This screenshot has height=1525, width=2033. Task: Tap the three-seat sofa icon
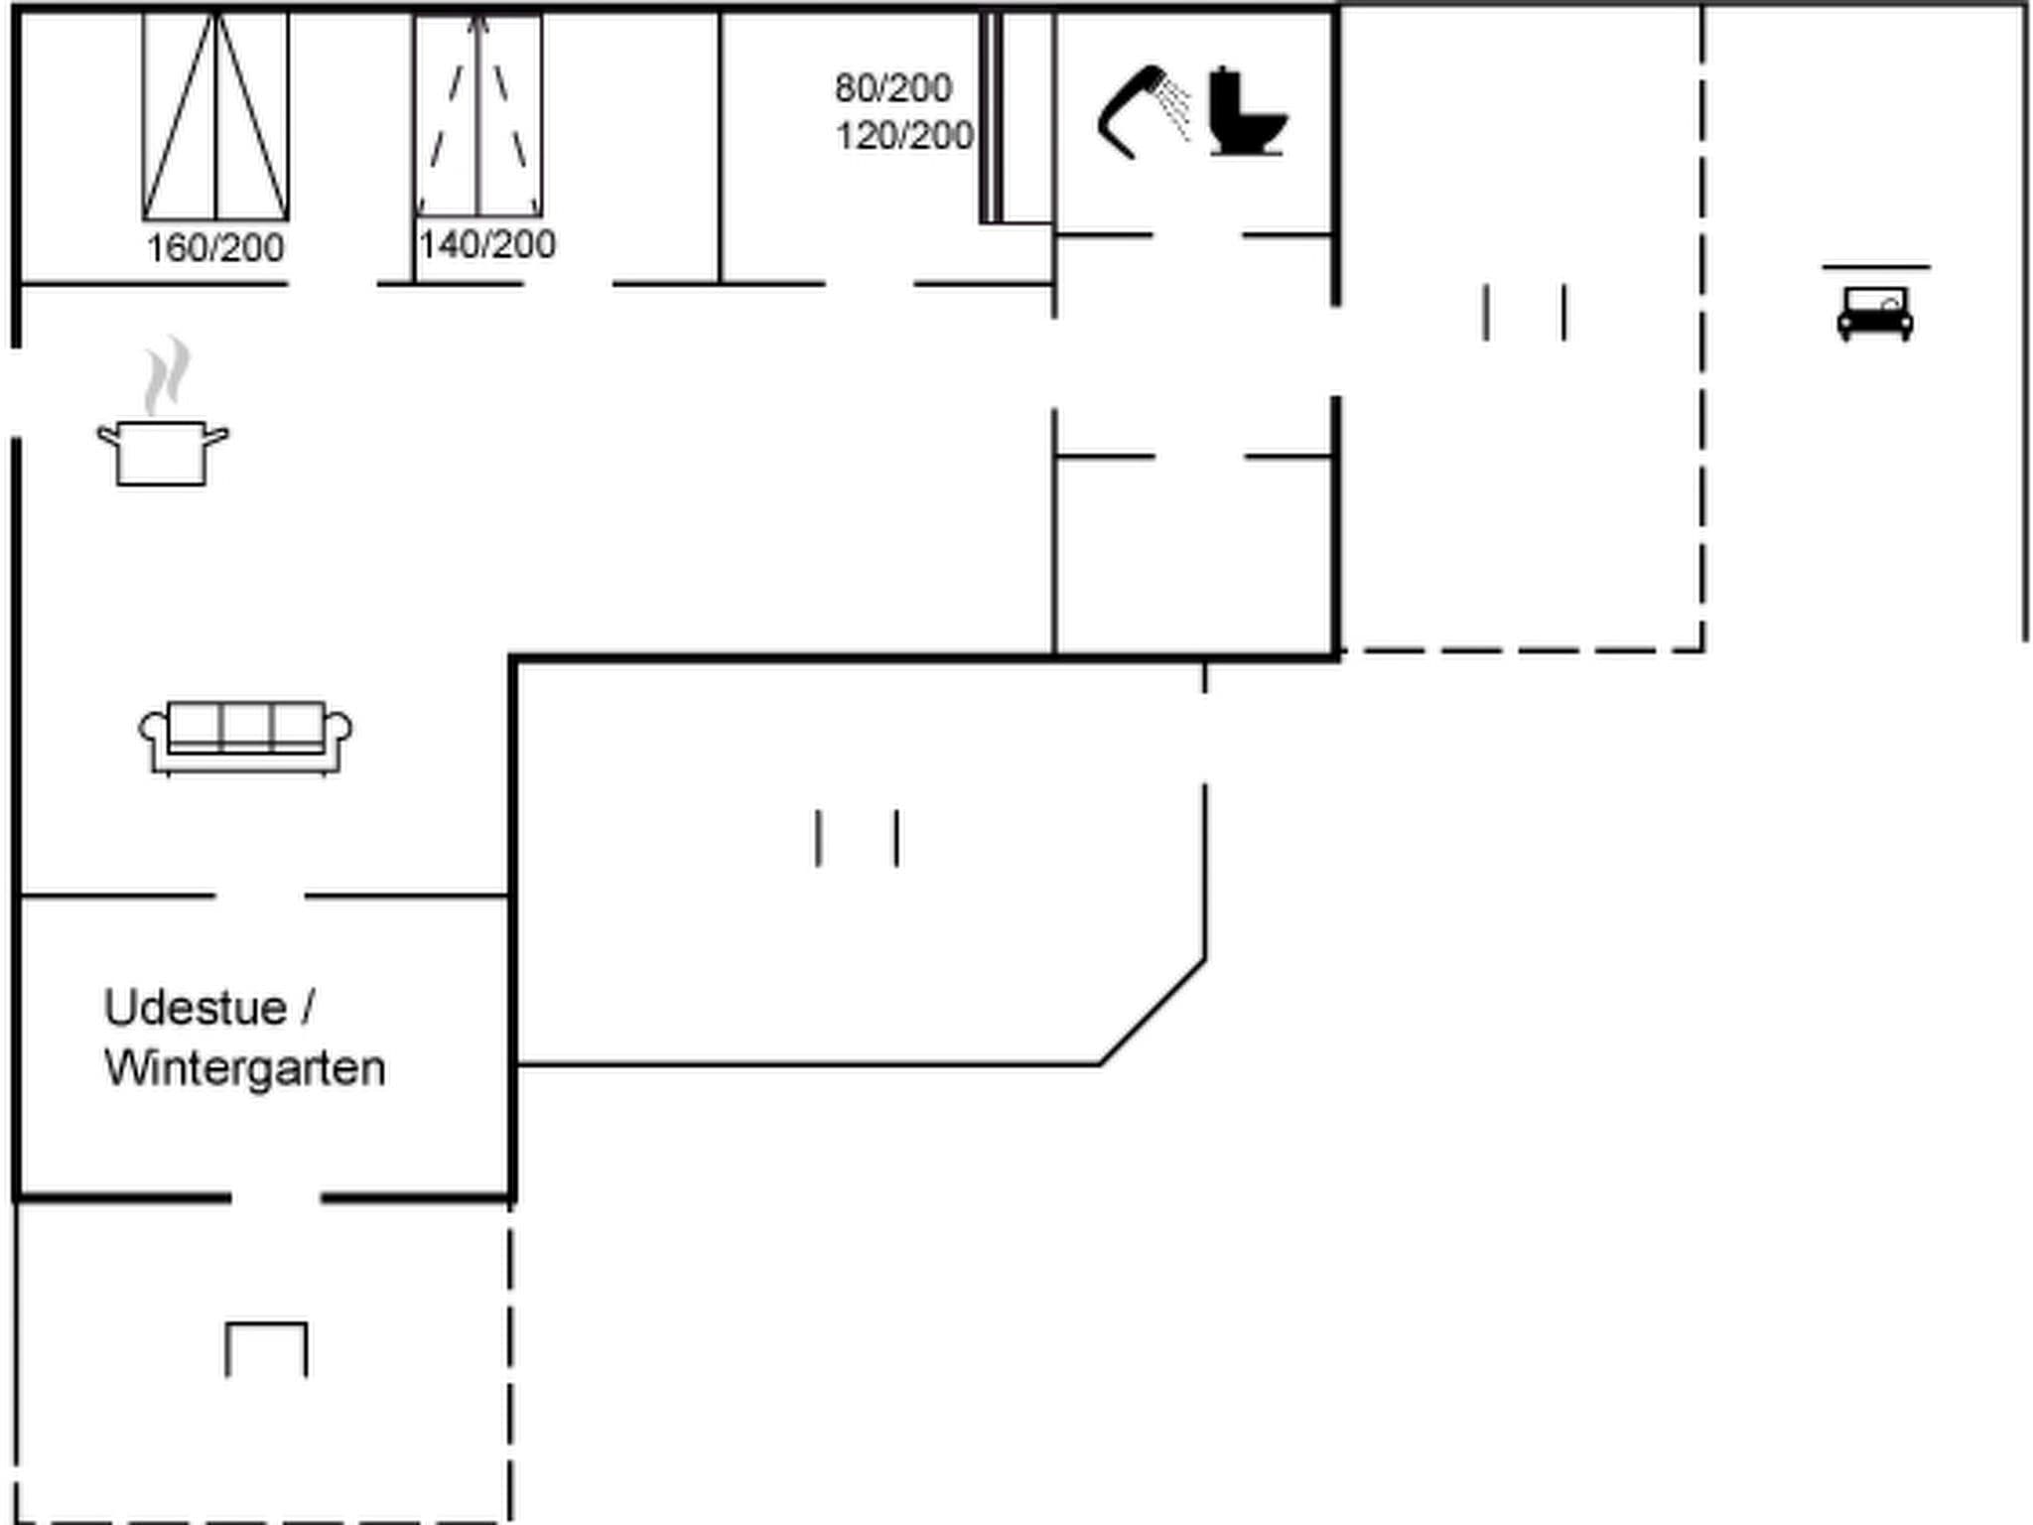(x=245, y=737)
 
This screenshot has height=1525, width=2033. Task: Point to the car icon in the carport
(x=1874, y=313)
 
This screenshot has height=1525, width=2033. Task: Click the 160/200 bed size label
(x=214, y=248)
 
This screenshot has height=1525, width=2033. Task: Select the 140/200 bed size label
(x=486, y=244)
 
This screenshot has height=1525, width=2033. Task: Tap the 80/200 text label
(x=892, y=88)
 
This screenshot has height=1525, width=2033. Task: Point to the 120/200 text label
(x=903, y=136)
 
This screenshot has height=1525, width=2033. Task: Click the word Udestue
(x=196, y=1008)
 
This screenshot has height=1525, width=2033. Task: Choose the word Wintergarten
(x=244, y=1069)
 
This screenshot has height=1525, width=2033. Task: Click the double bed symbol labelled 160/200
(x=215, y=116)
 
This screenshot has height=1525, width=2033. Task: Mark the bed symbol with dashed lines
(x=478, y=116)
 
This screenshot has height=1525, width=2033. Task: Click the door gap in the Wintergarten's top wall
(x=259, y=896)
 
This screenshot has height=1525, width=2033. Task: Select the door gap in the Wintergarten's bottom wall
(x=276, y=1198)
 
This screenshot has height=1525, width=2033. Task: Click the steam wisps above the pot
(x=166, y=375)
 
